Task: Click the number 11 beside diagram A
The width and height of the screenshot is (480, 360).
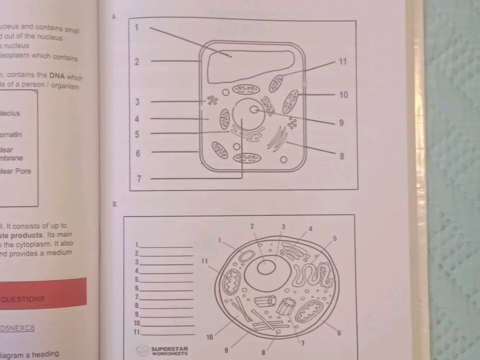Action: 343,62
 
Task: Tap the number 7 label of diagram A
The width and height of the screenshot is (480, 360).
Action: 140,179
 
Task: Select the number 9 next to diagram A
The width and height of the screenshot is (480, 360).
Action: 341,123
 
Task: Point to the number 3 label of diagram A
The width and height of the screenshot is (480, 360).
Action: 138,102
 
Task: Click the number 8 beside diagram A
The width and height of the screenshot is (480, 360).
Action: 342,157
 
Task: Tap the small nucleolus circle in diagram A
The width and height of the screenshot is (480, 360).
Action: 254,110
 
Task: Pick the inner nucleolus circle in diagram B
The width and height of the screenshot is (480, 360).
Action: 267,267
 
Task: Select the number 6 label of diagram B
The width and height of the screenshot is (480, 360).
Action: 339,333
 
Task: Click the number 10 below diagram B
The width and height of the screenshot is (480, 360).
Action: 209,337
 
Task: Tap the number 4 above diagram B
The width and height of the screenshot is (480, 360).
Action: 311,228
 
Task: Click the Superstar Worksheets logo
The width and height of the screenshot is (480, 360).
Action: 162,351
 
